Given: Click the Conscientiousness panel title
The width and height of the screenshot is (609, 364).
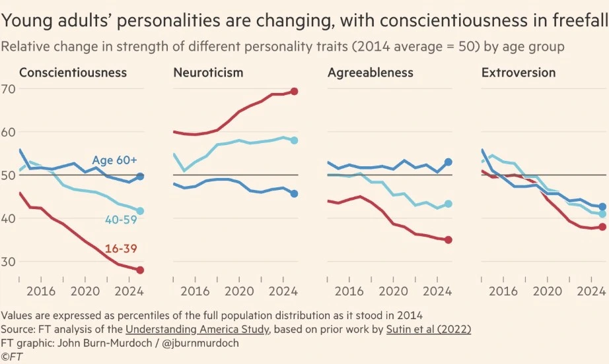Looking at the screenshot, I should [x=73, y=73].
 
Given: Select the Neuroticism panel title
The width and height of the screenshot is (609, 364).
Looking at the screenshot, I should [x=208, y=73].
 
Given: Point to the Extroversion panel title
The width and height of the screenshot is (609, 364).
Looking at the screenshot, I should [x=519, y=73].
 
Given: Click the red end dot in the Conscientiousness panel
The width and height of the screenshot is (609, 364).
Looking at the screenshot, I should [x=140, y=270].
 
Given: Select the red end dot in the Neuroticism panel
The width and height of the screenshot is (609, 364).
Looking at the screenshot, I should [x=294, y=91].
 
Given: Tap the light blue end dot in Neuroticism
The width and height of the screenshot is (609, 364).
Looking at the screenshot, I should [x=294, y=140].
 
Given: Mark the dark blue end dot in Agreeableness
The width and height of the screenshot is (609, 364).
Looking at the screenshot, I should [x=448, y=162].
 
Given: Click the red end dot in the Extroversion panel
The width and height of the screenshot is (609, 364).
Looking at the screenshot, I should [x=602, y=227].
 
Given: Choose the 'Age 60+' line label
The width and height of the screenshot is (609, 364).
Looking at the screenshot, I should [x=114, y=160].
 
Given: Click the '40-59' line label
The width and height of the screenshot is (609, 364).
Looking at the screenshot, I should [x=120, y=219].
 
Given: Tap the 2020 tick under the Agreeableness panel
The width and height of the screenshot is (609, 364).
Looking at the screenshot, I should [x=394, y=290].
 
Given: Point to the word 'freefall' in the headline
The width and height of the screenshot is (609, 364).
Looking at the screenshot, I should [x=573, y=21].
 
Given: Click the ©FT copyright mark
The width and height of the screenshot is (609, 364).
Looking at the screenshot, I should [x=11, y=357].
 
